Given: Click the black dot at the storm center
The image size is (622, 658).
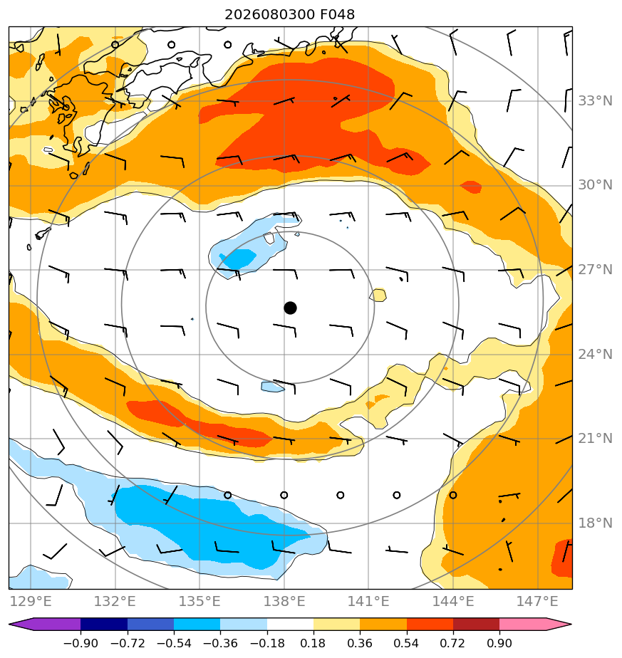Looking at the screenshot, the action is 290,308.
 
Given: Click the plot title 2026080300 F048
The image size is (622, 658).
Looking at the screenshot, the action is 290,15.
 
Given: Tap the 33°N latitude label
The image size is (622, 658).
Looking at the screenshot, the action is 595,101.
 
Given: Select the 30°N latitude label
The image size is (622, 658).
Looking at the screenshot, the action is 595,185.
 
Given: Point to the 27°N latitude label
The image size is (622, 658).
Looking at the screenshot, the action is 595,269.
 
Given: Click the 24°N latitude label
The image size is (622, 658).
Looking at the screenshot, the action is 595,355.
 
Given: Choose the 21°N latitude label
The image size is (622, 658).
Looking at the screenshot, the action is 595,439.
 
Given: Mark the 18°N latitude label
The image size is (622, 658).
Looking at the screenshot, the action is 595,523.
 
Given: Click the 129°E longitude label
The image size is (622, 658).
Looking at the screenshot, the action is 31,601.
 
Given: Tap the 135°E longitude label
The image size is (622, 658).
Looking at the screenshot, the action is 199,601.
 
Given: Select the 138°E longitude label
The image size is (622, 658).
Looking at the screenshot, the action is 284,601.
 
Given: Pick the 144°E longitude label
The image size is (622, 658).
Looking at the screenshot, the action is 453,601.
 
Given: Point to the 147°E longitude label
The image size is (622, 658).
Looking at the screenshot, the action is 538,601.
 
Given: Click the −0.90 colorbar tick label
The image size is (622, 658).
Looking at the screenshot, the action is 81,643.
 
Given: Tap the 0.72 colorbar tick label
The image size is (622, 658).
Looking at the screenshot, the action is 452,643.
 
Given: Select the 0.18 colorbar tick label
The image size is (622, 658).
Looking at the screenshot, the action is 313,643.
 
